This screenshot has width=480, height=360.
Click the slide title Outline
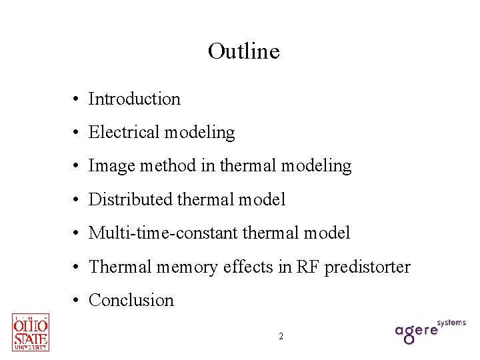(x=243, y=51)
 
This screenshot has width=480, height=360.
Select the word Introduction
(x=134, y=99)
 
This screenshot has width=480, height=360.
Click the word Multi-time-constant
(x=163, y=233)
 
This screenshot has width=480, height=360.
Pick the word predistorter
(x=367, y=267)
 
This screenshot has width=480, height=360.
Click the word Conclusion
(x=131, y=301)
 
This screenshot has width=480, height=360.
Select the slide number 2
(x=281, y=337)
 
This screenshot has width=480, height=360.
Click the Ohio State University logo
(x=31, y=332)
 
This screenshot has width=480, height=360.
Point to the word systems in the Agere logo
(x=451, y=323)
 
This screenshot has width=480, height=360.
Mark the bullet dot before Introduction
(x=78, y=100)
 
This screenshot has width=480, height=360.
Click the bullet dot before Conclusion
(x=78, y=301)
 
